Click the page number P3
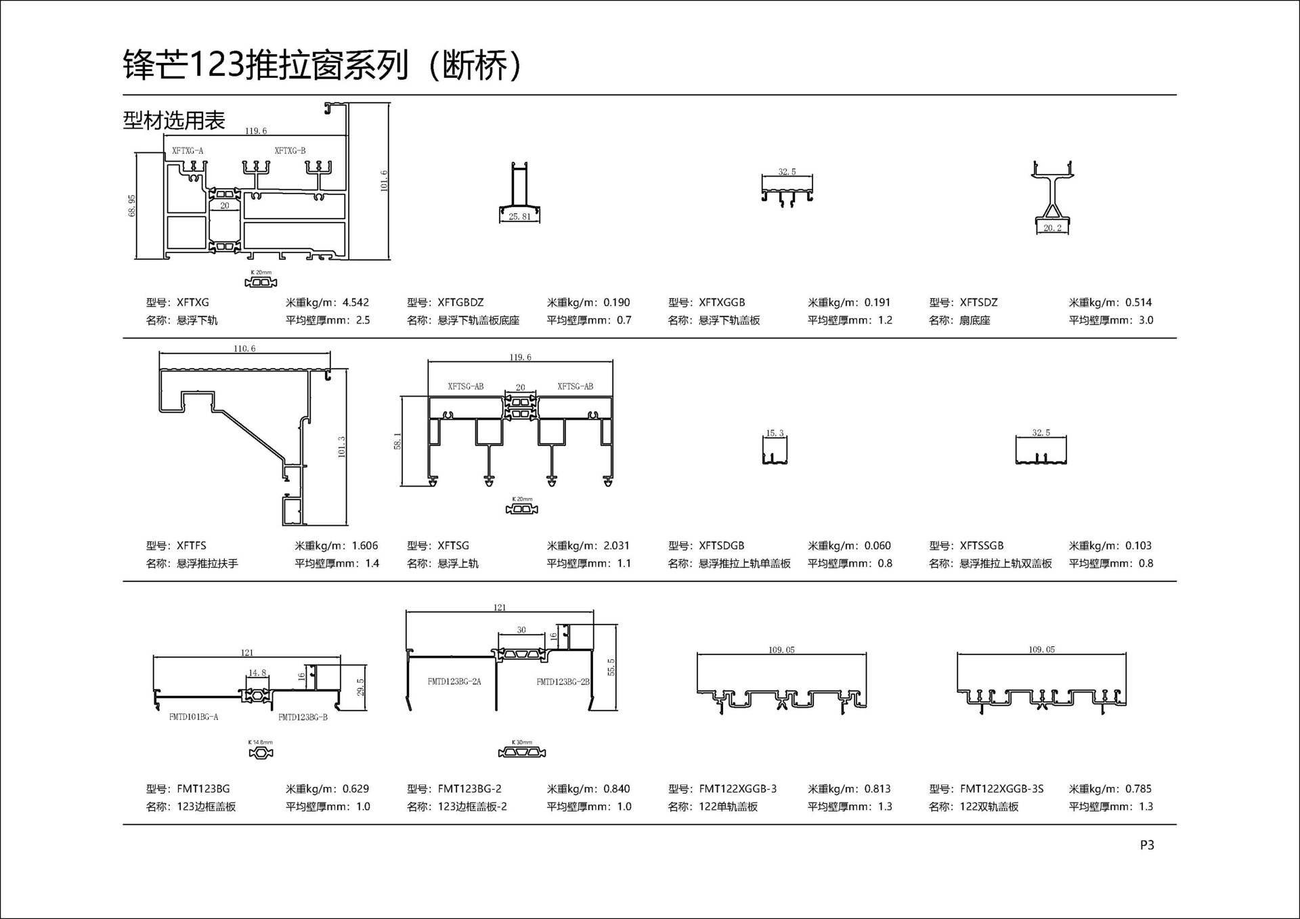point(1146,845)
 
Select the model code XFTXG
point(193,302)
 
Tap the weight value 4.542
point(355,302)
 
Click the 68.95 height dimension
point(132,206)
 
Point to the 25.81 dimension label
point(520,217)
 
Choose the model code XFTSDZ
point(978,302)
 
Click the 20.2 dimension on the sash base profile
point(1052,228)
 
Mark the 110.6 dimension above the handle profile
point(244,349)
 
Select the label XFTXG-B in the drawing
point(290,150)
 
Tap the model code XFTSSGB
point(982,545)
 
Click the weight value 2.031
point(616,545)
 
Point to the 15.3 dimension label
point(775,433)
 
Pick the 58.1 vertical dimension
point(397,441)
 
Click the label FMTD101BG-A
point(194,717)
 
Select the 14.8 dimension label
point(257,673)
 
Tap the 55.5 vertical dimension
point(611,667)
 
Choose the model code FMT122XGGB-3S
point(1001,788)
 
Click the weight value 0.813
point(877,788)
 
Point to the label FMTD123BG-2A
point(454,681)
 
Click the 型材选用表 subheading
point(174,120)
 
